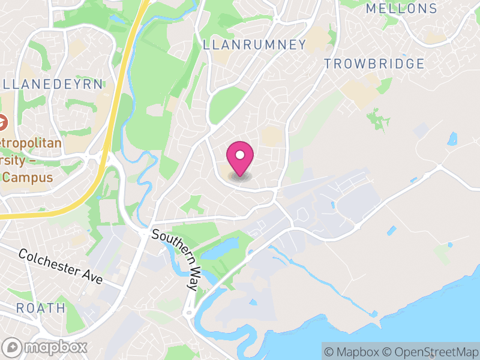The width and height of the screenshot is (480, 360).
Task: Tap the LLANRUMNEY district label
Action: [x=254, y=44]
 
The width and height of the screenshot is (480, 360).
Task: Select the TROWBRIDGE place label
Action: [x=374, y=64]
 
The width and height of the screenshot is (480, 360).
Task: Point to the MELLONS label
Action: [x=401, y=8]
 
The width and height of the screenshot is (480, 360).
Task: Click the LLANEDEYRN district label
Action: [x=53, y=84]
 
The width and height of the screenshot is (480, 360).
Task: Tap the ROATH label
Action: [x=41, y=308]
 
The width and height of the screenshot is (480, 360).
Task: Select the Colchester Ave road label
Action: [x=61, y=266]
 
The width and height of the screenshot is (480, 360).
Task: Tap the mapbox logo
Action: [x=46, y=347]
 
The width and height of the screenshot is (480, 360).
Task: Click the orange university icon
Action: [x=2, y=123]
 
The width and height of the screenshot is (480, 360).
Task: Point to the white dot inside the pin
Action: [x=240, y=155]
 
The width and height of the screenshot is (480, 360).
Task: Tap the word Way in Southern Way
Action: [x=190, y=278]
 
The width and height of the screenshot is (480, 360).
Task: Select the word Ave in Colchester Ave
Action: [x=93, y=278]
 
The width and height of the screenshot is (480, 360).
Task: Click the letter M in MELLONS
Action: [x=371, y=8]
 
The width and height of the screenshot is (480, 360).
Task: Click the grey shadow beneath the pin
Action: [x=240, y=176]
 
